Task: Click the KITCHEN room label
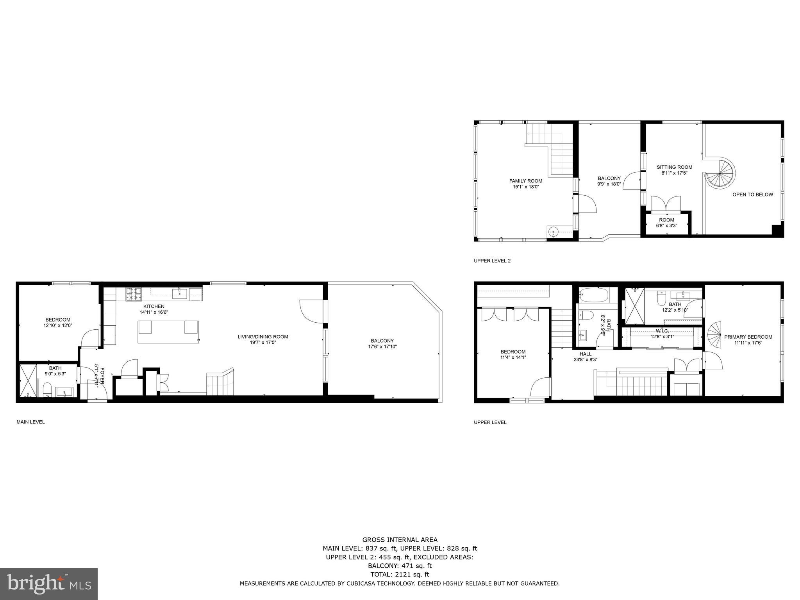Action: (154, 306)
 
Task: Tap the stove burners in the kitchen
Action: (133, 294)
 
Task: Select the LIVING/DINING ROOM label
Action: (263, 337)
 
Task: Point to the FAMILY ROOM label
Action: (525, 181)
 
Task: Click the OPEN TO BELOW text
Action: (752, 195)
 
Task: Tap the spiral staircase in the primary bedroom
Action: (714, 335)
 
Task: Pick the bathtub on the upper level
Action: (594, 295)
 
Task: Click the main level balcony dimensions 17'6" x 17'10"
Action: (382, 346)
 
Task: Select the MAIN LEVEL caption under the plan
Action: (30, 422)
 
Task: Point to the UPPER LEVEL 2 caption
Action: (492, 261)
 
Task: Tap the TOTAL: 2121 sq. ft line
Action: (400, 574)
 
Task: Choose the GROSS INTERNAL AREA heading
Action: (400, 540)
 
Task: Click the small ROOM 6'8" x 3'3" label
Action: (666, 223)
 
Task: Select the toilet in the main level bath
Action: (47, 389)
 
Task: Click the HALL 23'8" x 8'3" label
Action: (585, 357)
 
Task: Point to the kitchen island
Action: (168, 332)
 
